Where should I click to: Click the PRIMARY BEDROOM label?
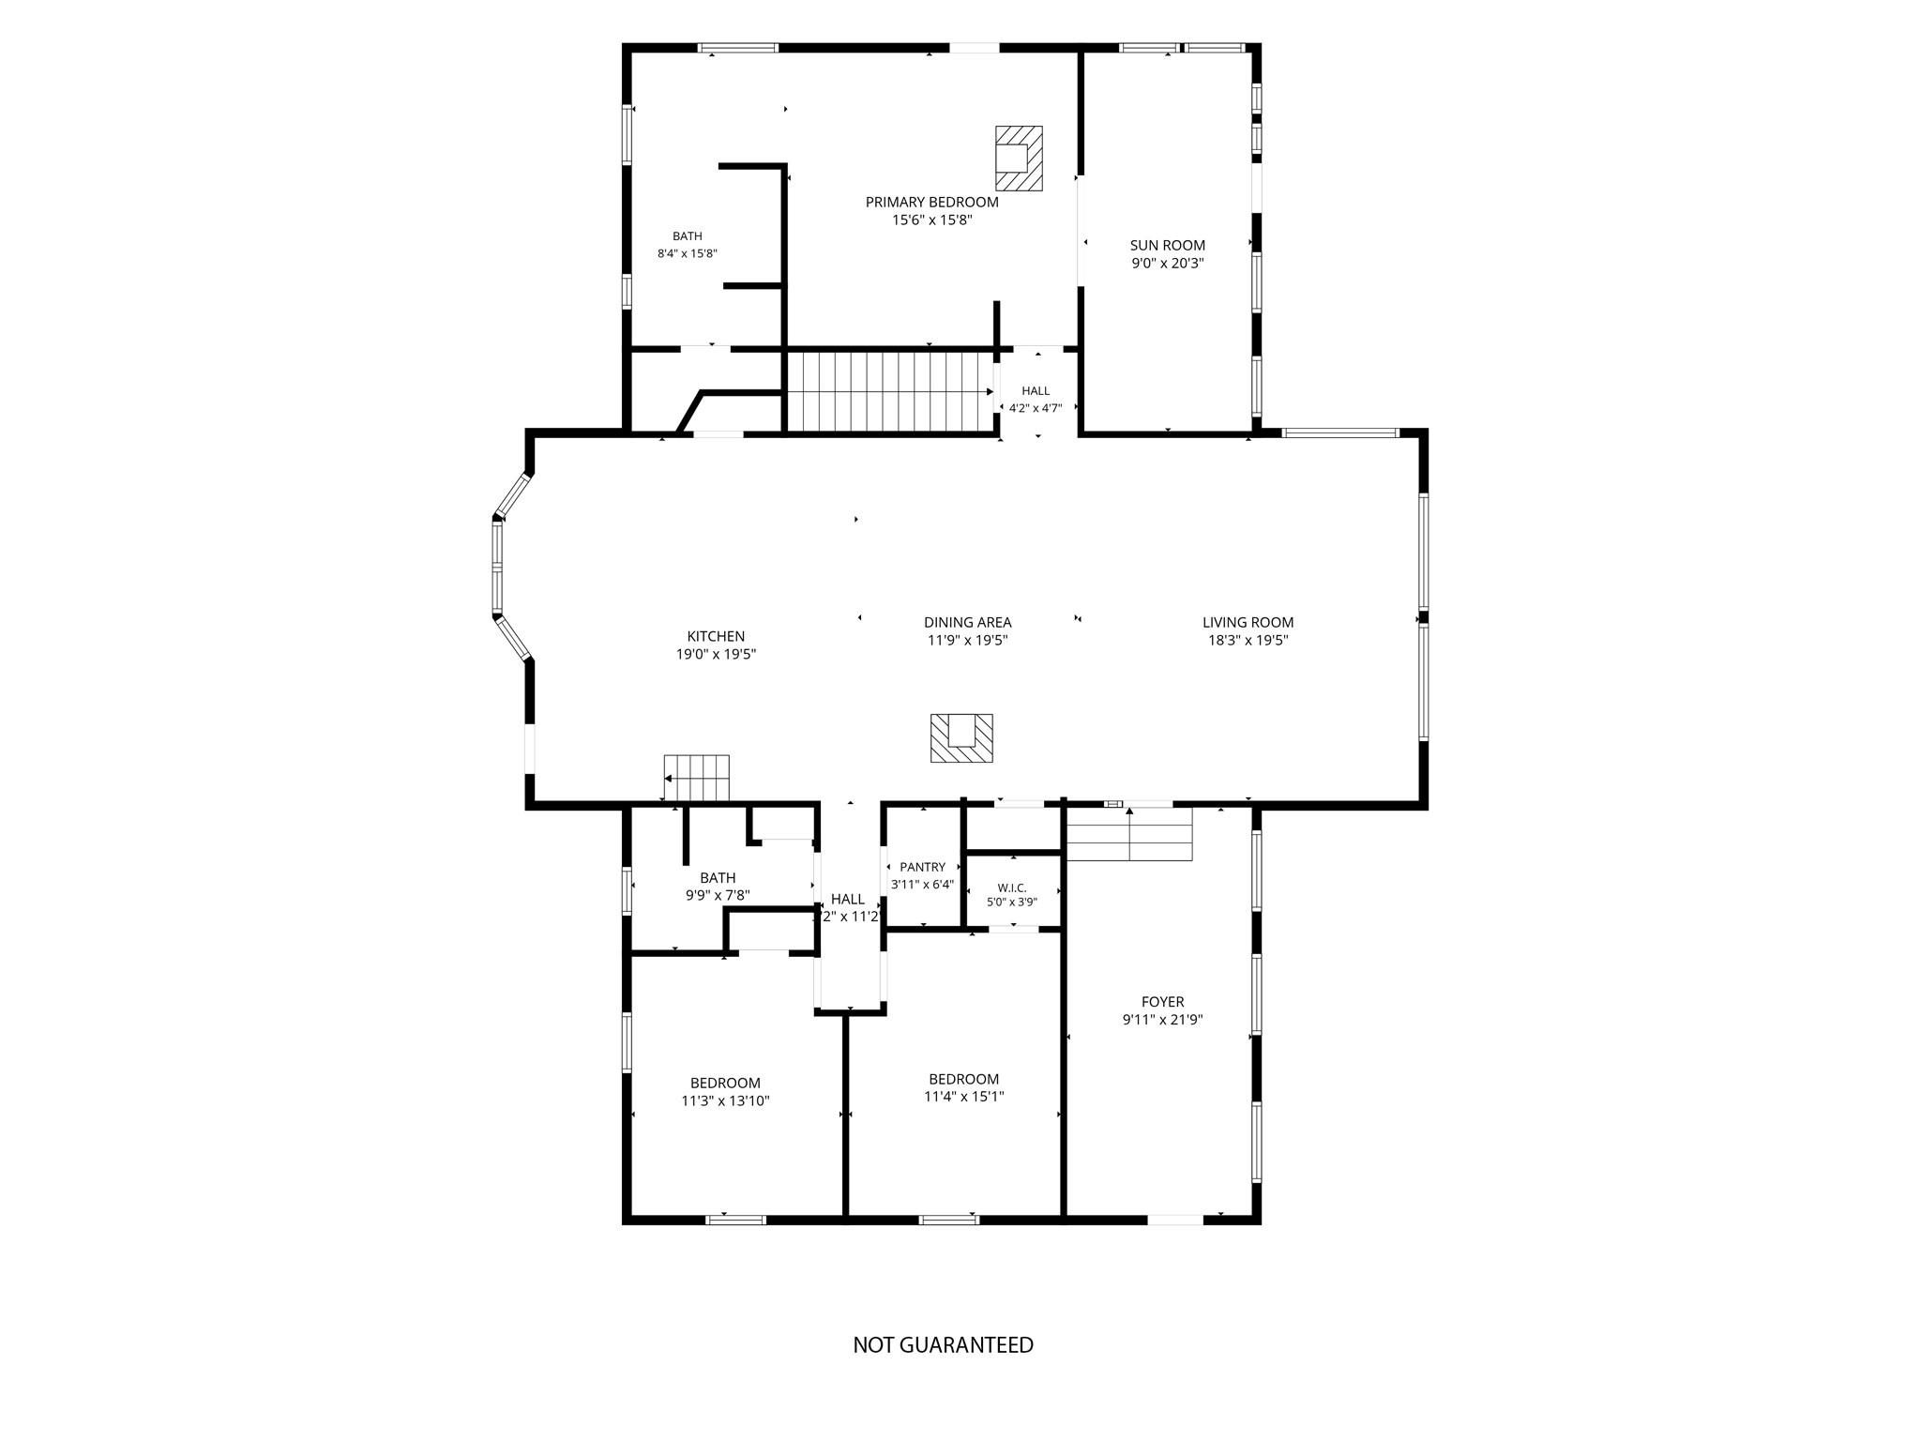click(x=931, y=202)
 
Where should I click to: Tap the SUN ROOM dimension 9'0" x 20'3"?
click(x=1168, y=264)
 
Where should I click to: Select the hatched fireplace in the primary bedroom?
click(x=1019, y=159)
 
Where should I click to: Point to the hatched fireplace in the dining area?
click(x=961, y=738)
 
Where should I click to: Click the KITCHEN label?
click(x=716, y=637)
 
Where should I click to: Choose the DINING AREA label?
click(x=967, y=622)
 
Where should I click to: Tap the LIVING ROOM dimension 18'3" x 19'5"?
click(x=1248, y=641)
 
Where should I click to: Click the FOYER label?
click(x=1163, y=1002)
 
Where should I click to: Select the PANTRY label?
click(x=922, y=868)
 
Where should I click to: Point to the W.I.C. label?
click(x=1012, y=887)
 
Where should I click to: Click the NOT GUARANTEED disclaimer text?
click(x=943, y=1345)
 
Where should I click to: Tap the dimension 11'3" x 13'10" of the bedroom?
click(x=725, y=1101)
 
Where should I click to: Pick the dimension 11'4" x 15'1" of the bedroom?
click(x=963, y=1097)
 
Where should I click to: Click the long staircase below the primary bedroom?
click(x=889, y=392)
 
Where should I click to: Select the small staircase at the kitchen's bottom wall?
click(x=696, y=778)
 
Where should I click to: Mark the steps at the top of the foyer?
click(x=1129, y=833)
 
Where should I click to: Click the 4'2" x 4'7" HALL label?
click(x=1036, y=390)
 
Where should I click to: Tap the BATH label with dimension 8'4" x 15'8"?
click(x=687, y=236)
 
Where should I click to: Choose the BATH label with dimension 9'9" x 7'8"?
click(x=718, y=878)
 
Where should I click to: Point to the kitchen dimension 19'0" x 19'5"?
click(x=716, y=655)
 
